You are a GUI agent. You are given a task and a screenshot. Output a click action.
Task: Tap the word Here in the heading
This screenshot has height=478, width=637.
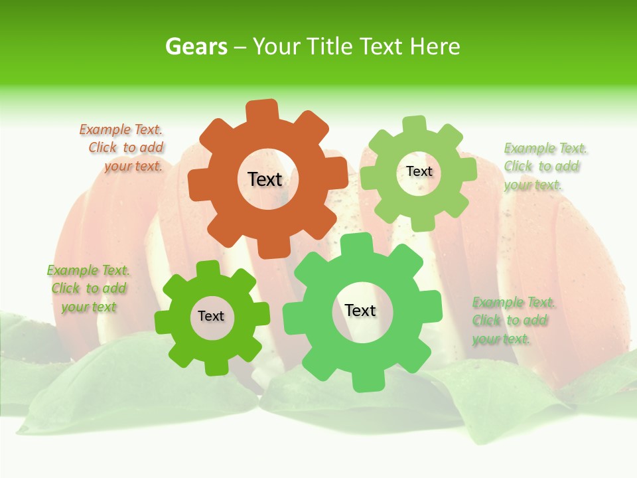[434, 46]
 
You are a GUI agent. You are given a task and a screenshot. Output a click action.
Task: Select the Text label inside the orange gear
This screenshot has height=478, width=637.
[265, 179]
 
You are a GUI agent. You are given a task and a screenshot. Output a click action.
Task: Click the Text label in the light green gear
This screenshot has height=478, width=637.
[419, 171]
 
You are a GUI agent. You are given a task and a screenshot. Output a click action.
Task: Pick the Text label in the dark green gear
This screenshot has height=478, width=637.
[211, 316]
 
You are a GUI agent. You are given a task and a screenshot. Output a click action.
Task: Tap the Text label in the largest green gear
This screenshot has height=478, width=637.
[360, 310]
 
